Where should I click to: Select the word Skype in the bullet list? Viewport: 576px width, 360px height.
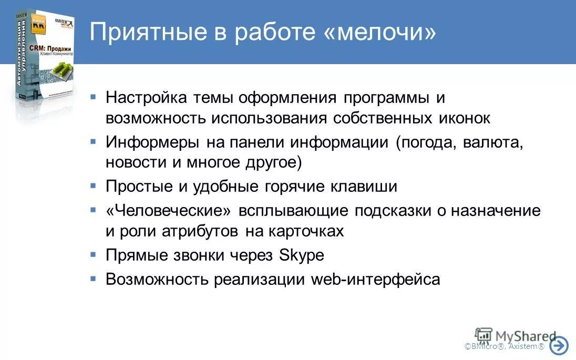302,255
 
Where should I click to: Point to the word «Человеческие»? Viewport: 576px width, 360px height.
168,211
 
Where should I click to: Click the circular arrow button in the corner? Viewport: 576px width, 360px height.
559,346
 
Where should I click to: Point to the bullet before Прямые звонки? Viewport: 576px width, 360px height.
93,254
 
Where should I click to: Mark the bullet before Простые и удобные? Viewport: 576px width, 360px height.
93,186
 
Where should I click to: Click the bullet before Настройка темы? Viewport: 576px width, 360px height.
93,97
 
